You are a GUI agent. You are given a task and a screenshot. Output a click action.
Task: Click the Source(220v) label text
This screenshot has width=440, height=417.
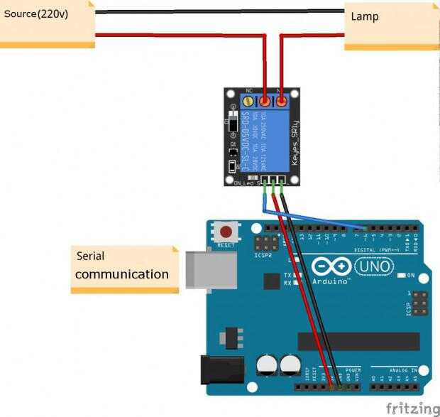click(x=36, y=13)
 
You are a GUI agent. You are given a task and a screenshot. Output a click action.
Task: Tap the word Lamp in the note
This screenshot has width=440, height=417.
click(x=365, y=16)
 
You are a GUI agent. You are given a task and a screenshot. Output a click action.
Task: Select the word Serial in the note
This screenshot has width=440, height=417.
click(x=90, y=256)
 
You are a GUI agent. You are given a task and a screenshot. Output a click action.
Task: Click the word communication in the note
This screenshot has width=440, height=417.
click(x=121, y=274)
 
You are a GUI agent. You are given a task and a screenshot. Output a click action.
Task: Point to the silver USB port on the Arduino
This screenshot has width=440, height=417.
click(x=211, y=269)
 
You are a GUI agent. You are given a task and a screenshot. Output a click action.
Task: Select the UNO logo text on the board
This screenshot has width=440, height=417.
click(x=373, y=266)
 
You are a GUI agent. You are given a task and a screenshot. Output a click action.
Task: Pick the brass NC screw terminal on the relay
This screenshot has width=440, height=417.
click(x=249, y=102)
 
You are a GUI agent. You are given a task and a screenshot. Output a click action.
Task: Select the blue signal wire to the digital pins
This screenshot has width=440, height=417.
click(x=312, y=220)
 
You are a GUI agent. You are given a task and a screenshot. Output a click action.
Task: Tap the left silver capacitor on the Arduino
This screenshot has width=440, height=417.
click(x=267, y=366)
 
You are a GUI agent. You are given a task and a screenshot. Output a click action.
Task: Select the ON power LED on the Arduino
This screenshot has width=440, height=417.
click(x=402, y=275)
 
